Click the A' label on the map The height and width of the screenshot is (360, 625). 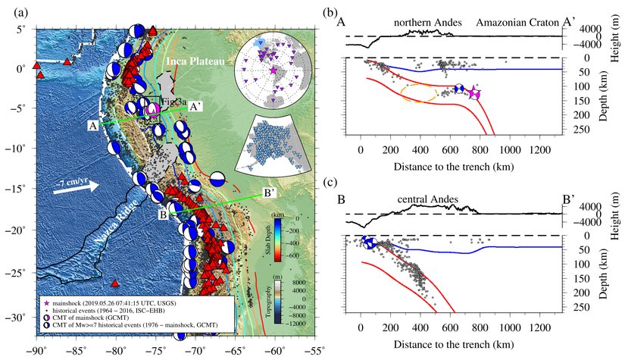195,107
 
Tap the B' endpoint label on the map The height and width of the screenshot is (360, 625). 268,193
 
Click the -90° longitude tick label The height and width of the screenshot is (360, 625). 36,351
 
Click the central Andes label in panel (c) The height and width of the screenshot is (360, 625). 428,200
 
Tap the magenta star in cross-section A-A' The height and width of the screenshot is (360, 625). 474,92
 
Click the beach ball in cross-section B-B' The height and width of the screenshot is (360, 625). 370,243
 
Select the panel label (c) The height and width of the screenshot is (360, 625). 330,183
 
